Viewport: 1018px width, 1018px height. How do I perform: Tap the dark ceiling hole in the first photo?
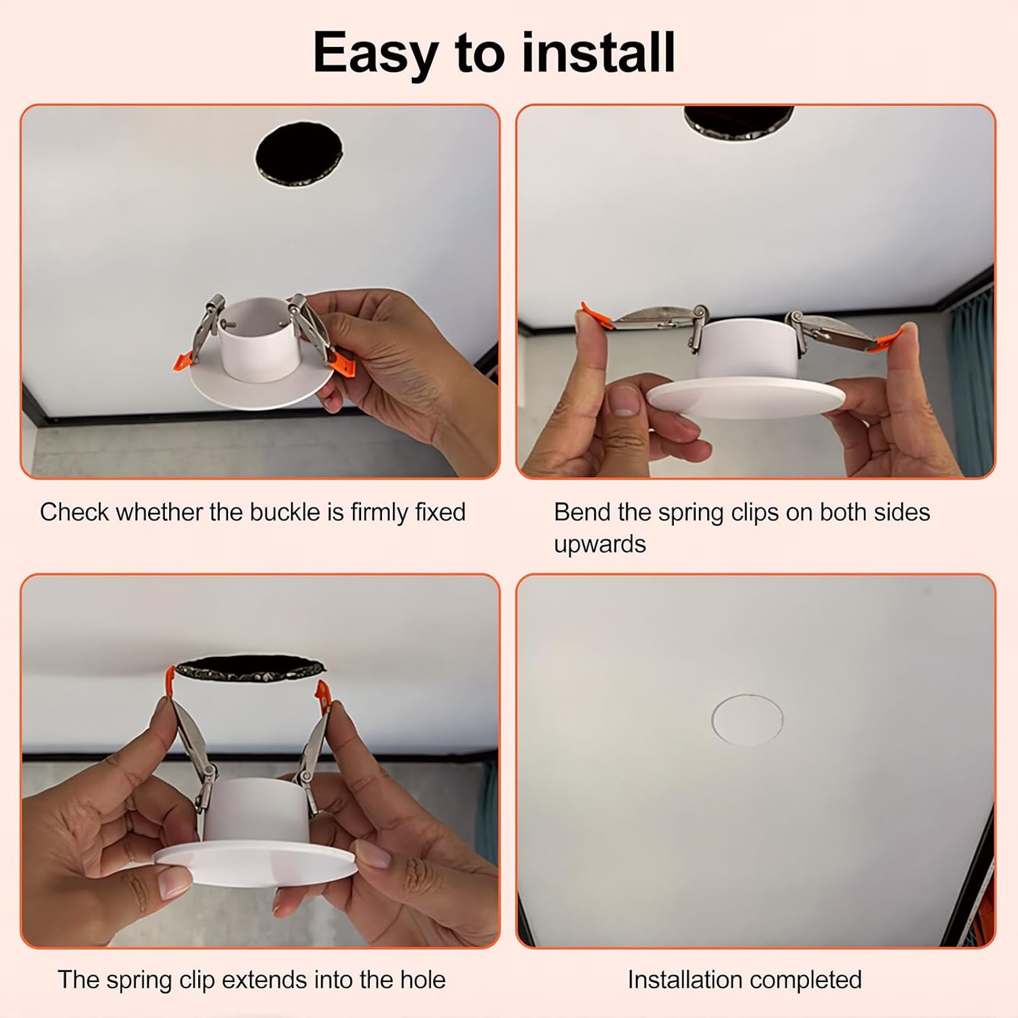pos(299,157)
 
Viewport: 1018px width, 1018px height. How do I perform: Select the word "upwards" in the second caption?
pos(599,544)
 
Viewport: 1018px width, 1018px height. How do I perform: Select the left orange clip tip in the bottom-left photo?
pos(170,679)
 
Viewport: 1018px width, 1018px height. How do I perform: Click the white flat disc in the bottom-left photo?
pos(254,859)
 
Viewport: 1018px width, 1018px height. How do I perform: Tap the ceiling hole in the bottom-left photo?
pos(246,669)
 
